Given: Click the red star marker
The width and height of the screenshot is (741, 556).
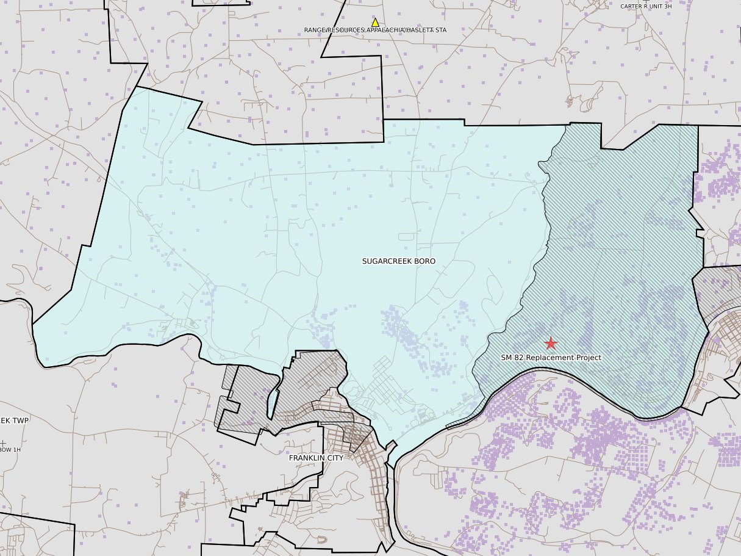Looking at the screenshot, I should tap(550, 343).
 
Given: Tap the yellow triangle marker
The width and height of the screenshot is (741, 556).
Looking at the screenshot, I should tap(375, 23).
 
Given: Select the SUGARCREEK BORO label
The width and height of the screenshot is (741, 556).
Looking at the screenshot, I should tap(399, 261).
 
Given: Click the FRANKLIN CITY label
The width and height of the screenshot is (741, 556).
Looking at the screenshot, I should tap(316, 458).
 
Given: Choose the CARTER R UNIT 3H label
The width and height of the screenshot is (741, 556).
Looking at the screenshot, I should tap(646, 6).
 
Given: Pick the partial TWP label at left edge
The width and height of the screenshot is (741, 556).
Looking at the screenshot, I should tap(15, 421).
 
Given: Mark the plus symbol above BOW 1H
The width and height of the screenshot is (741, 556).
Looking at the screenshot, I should tap(3, 442).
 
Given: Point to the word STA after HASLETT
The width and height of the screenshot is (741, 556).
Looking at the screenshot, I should tap(440, 30).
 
